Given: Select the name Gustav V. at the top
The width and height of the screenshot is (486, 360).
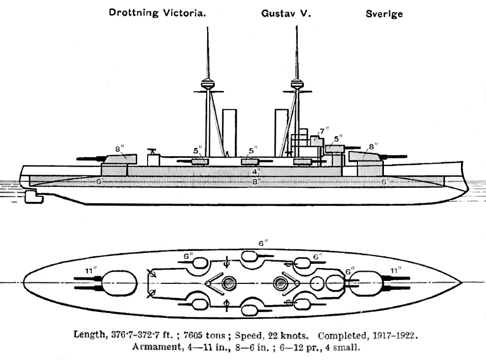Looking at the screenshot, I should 286,14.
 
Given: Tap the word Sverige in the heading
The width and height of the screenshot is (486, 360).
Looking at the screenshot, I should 384,14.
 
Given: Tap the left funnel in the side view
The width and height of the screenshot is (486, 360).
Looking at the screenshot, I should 229,133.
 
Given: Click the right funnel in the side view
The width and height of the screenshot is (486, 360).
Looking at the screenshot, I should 281,133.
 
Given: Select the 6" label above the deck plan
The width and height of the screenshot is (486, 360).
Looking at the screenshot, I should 263,243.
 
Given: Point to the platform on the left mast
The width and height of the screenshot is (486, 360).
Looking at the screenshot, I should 206,84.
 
